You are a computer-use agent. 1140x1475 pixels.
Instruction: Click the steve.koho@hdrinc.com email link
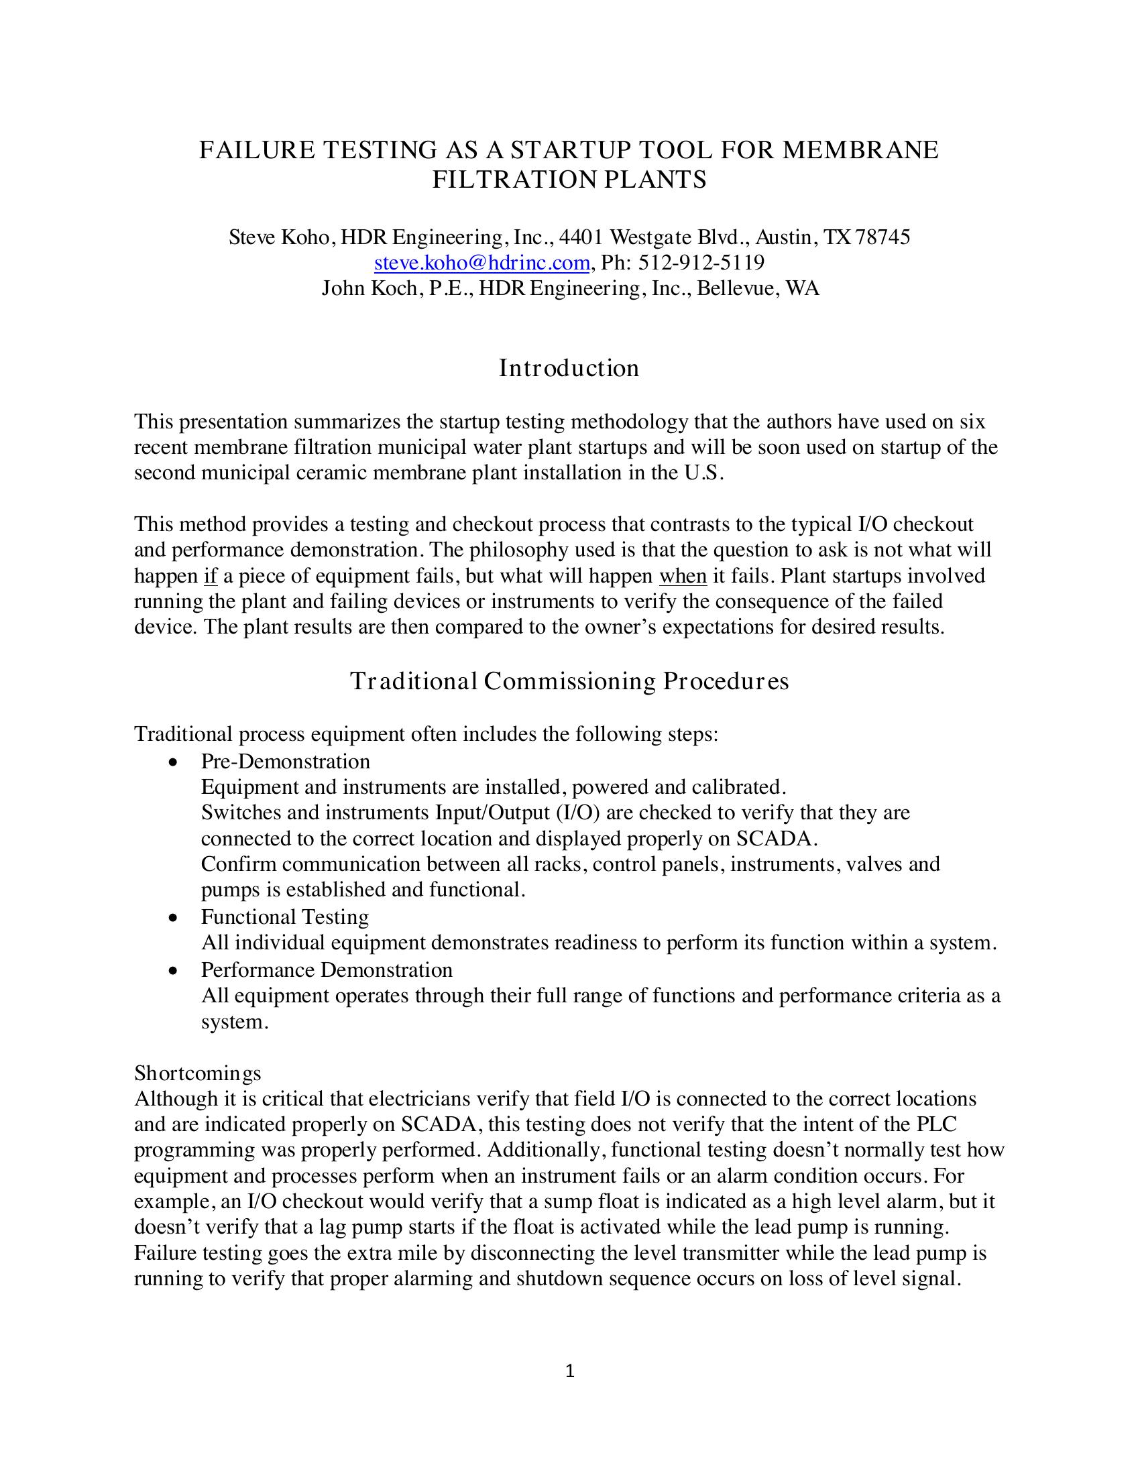(x=482, y=263)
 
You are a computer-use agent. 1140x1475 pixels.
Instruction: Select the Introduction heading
(x=569, y=368)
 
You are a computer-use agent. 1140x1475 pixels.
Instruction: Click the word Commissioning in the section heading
(x=569, y=681)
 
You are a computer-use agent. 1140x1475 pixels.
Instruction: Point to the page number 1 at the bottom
(x=569, y=1370)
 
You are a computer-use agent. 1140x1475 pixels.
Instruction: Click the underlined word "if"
(x=210, y=576)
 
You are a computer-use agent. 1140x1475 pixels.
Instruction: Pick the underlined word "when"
(x=683, y=576)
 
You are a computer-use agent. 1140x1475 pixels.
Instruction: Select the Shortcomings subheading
(x=197, y=1073)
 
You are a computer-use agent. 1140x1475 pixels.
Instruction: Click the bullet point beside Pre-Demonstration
(x=174, y=762)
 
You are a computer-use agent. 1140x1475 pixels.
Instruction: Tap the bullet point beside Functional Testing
(x=174, y=918)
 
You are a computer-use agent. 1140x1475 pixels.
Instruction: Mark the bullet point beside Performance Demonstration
(x=174, y=971)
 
